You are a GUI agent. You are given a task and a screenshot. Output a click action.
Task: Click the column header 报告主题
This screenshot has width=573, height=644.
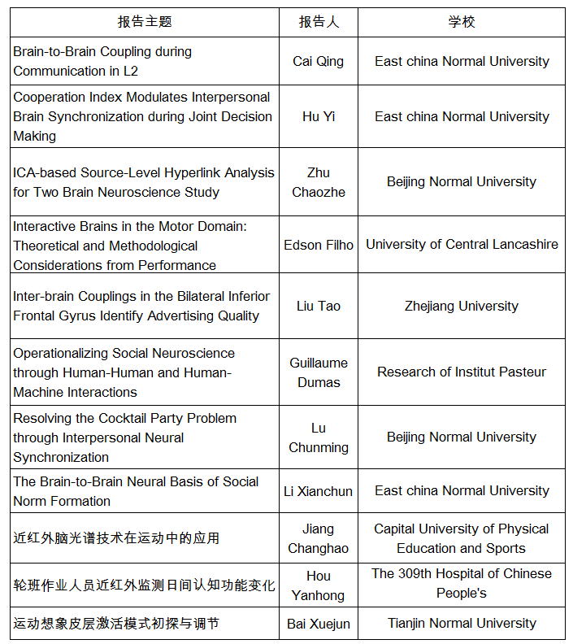point(145,22)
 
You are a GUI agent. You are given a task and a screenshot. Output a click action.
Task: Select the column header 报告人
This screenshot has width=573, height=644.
point(319,22)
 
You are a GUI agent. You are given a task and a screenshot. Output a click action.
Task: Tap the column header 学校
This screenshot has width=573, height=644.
point(462,22)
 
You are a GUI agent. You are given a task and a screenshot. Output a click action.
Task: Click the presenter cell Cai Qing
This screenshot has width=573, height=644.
point(319,61)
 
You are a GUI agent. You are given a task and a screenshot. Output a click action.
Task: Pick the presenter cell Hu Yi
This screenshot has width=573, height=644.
point(319,116)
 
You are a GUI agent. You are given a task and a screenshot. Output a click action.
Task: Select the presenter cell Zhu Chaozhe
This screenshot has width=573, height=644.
point(319,182)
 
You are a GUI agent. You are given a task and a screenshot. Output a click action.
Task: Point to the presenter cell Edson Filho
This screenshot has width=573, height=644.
point(319,245)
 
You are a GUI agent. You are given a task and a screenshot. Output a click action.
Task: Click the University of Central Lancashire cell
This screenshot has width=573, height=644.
point(462,245)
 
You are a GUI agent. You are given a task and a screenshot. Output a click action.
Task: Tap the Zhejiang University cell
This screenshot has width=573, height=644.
point(462,306)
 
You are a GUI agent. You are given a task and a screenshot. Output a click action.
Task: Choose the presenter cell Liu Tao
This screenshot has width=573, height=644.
point(319,306)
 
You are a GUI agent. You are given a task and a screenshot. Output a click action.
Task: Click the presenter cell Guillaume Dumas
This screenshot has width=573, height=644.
point(319,372)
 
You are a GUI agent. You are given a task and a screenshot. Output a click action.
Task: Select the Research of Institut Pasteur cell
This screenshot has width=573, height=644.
point(462,372)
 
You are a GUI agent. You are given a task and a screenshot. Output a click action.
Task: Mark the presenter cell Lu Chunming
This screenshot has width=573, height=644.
point(319,437)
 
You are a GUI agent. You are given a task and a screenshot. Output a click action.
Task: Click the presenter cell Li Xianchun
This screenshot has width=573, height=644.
point(319,490)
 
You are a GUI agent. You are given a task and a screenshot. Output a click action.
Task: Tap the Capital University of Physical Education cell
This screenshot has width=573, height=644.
point(462,538)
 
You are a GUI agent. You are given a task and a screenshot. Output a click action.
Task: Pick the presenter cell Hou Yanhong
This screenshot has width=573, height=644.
point(319,585)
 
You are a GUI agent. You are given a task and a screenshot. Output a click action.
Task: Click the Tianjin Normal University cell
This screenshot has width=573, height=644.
point(462,623)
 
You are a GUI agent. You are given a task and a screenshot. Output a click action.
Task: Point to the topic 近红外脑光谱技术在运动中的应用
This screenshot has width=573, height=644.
point(116,538)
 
